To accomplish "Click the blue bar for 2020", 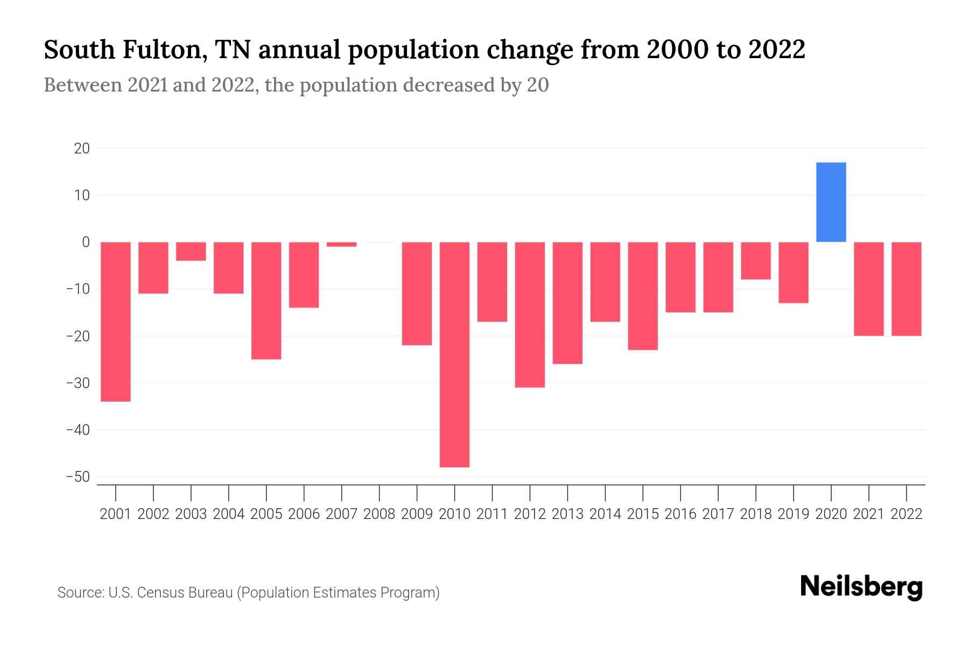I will [x=831, y=202].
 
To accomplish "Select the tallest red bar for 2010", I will [x=454, y=354].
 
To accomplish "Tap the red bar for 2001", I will [x=116, y=321].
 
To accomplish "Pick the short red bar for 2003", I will [x=191, y=251].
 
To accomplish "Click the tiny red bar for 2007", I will [x=341, y=244].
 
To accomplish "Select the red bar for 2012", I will [x=530, y=314].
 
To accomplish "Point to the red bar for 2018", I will [x=756, y=261].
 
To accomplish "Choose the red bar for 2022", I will [x=906, y=289].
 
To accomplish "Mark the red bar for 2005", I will [x=266, y=300].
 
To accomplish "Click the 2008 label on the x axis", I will [x=379, y=514].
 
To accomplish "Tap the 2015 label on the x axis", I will [x=643, y=514].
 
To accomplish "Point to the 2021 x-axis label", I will [x=868, y=514].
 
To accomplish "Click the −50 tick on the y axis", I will [x=78, y=477].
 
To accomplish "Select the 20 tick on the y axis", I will [x=82, y=148].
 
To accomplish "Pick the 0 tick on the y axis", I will [x=86, y=242].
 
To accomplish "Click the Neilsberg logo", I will [x=861, y=587].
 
